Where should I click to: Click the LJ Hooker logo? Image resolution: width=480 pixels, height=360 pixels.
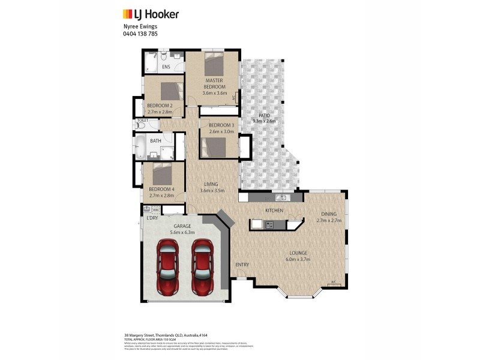click(150, 14)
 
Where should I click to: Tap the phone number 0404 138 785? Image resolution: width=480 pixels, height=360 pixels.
click(141, 34)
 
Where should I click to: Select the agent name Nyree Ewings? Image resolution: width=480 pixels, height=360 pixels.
click(140, 26)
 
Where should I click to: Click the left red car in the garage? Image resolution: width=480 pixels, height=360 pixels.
click(167, 267)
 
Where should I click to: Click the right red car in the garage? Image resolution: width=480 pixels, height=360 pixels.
click(203, 267)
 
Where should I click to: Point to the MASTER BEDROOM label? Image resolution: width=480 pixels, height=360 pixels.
click(214, 83)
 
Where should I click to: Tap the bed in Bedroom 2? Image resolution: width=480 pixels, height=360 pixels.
click(171, 91)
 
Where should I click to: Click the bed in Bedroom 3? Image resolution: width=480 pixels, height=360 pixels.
click(214, 147)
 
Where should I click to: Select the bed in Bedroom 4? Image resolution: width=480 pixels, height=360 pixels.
click(163, 175)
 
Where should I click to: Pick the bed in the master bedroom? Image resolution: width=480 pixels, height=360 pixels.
click(214, 62)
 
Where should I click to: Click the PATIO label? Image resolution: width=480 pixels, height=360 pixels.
click(264, 115)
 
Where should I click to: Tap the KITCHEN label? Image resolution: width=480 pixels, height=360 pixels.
click(274, 211)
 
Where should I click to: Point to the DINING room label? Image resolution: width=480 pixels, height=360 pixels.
click(328, 214)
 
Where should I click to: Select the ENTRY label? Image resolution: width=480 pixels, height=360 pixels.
click(242, 265)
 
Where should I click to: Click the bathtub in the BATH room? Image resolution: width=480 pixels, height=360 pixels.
click(141, 146)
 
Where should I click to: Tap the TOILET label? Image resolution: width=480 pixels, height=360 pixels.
click(142, 120)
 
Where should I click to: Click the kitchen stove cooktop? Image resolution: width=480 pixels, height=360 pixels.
click(269, 224)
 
